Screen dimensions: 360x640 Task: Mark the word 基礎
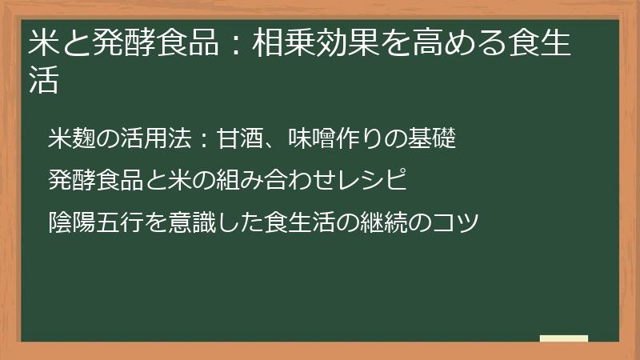(433, 138)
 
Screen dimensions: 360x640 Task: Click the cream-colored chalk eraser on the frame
(563, 338)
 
